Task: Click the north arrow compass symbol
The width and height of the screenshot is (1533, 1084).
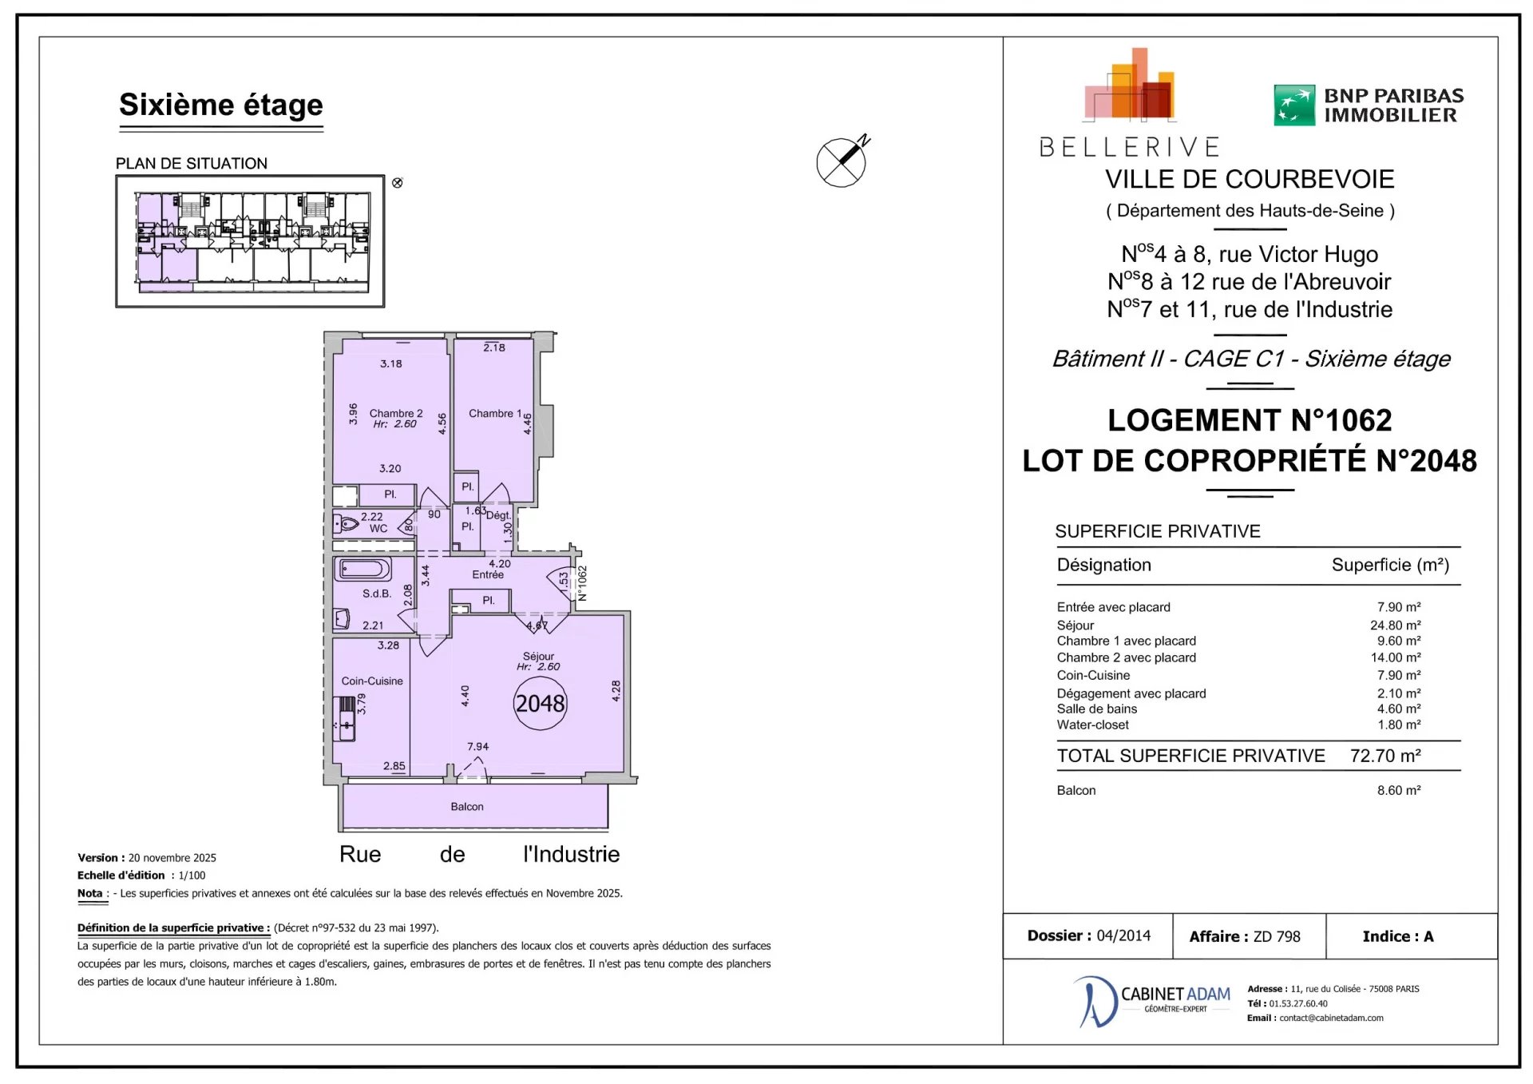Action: coord(842,161)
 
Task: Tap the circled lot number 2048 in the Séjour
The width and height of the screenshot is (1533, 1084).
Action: coord(540,704)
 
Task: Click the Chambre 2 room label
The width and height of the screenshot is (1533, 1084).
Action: coord(396,413)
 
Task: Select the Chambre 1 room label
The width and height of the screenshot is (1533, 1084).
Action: coord(495,413)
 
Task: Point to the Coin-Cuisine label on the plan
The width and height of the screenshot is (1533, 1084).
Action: coord(372,681)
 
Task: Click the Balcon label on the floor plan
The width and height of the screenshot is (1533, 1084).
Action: coord(467,807)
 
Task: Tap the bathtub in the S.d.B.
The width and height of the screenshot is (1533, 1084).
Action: coord(365,569)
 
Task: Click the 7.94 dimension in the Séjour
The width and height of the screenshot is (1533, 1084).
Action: coord(478,747)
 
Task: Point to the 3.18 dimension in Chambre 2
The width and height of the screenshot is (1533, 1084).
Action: coord(391,363)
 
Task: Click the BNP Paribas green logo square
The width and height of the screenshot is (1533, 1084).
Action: coord(1294,105)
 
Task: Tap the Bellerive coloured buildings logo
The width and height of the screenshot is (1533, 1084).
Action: coord(1129,85)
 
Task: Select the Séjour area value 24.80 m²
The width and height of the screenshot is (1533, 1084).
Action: coord(1396,625)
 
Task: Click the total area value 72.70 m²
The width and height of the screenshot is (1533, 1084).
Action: coord(1385,756)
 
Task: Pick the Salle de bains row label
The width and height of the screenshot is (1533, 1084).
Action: coord(1097,709)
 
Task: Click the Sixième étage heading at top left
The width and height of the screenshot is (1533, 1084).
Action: coord(221,105)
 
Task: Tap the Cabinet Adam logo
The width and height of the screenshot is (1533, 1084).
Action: coord(1152,1001)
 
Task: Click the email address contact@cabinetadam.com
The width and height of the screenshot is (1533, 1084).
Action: coord(1331,1018)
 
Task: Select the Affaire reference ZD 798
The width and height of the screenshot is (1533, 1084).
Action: coord(1277,936)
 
